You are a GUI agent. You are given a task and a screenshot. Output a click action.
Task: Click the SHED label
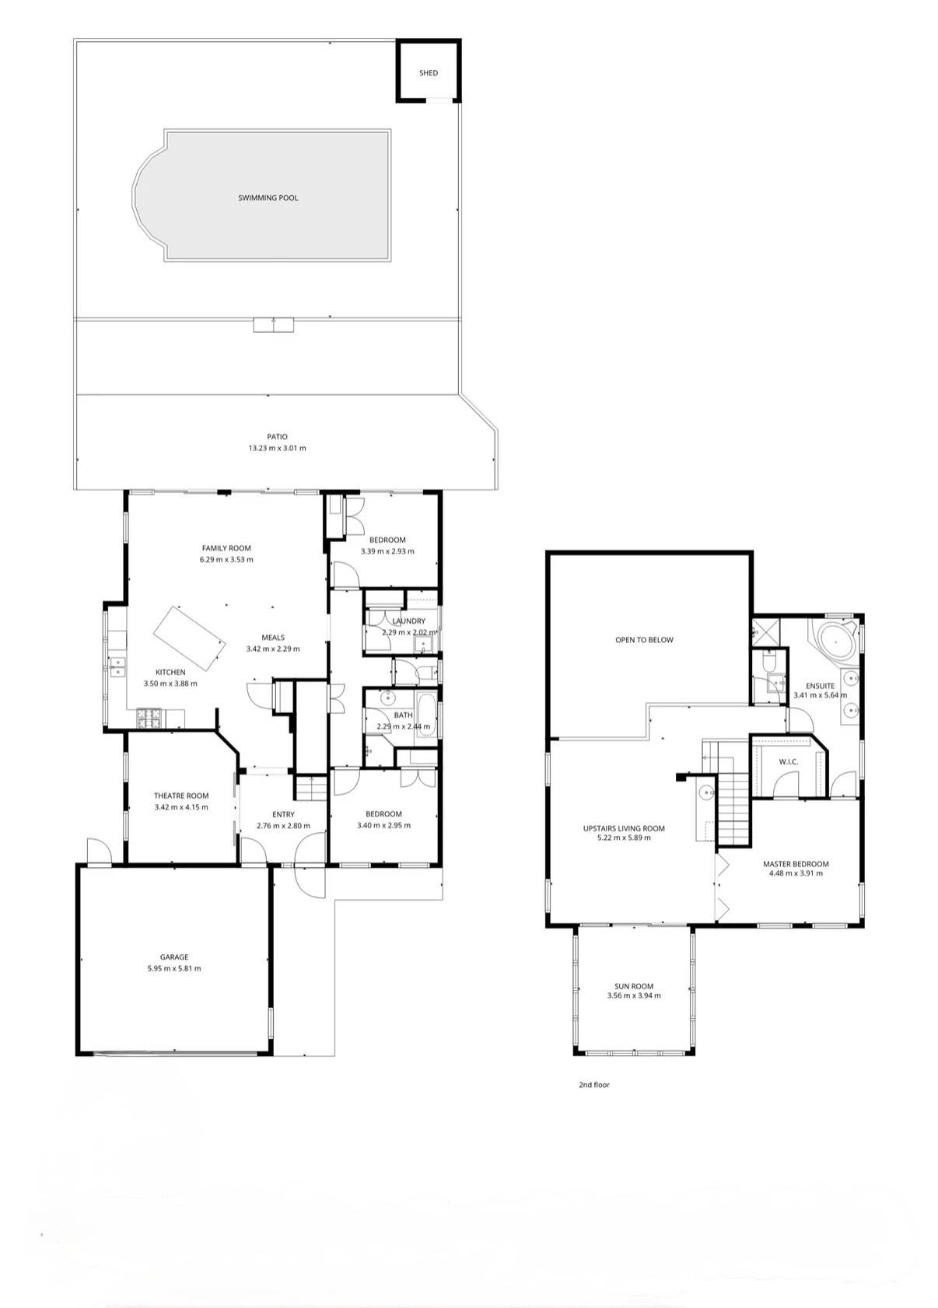428,73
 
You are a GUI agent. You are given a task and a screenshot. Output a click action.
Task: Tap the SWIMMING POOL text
268,198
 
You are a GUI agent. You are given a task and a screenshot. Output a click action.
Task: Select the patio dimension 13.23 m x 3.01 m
278,449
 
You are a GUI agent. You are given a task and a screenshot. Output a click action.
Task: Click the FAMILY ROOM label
226,548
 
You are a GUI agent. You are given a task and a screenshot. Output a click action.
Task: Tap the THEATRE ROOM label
181,796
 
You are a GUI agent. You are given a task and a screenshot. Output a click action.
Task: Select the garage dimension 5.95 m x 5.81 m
174,968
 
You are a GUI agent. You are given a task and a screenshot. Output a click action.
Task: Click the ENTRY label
283,814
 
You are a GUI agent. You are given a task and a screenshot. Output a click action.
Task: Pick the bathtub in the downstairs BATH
425,715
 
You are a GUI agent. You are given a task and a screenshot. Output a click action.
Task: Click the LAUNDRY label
409,621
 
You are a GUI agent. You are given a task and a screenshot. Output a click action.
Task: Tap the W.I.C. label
789,762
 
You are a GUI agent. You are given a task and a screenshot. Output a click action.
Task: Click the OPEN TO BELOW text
644,640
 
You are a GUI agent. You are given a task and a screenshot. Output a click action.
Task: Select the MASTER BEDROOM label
796,864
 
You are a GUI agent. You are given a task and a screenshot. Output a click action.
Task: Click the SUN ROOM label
634,986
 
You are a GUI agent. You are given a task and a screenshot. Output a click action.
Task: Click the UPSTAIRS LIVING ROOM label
624,828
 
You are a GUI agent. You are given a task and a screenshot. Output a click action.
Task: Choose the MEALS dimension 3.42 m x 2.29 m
273,649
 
